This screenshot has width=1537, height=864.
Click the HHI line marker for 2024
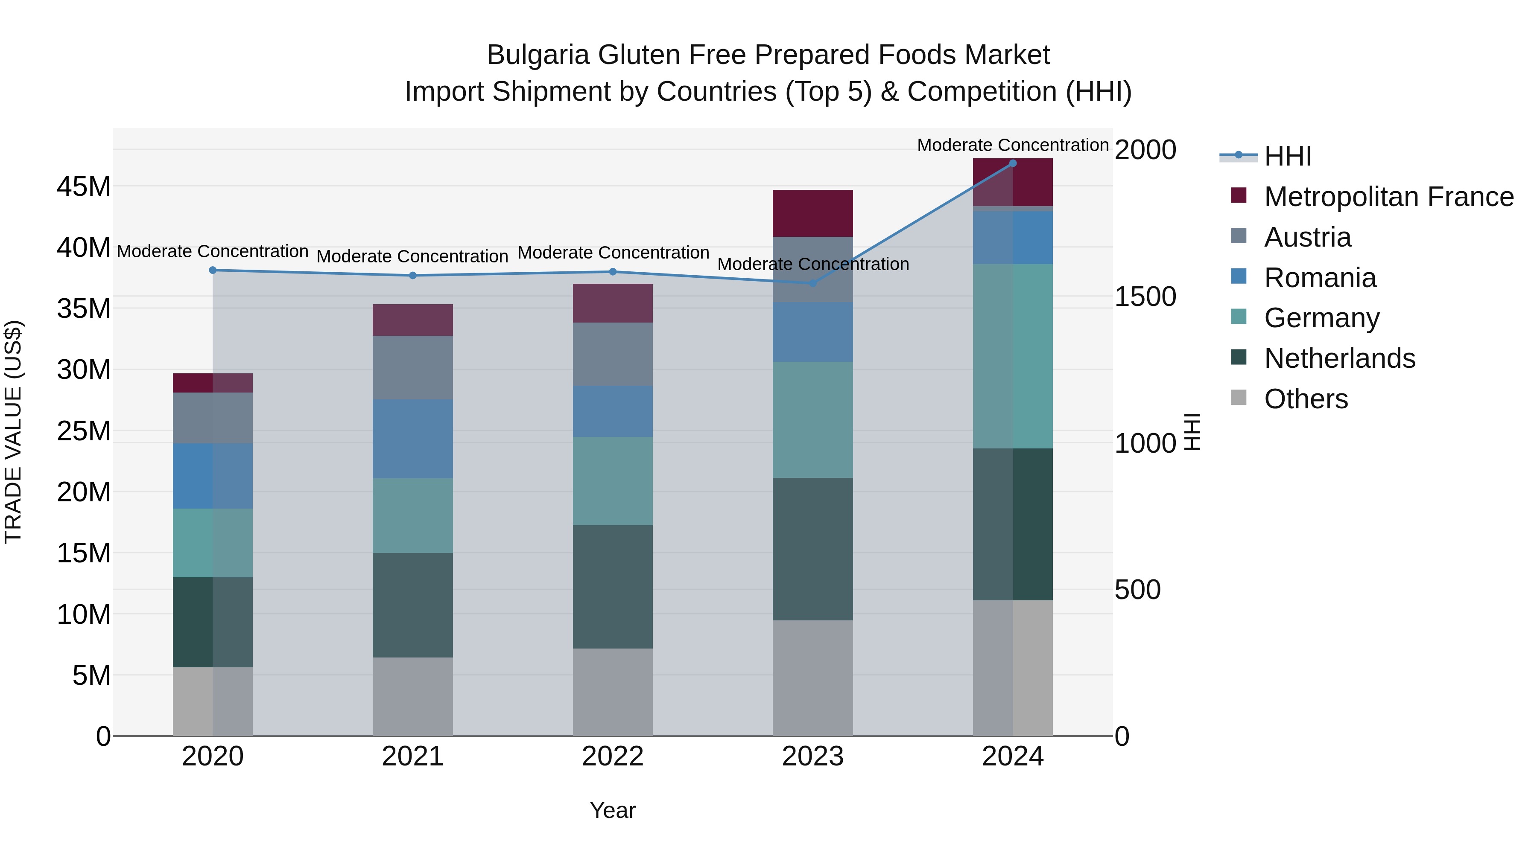pyautogui.click(x=1013, y=163)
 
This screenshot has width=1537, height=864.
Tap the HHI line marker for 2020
pyautogui.click(x=213, y=270)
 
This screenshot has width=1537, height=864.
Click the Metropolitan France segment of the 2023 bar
pyautogui.click(x=812, y=213)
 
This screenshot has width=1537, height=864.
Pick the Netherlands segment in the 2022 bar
pyautogui.click(x=613, y=587)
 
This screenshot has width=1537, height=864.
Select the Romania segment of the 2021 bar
pyautogui.click(x=413, y=439)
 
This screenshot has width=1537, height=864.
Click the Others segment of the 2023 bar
pyautogui.click(x=812, y=678)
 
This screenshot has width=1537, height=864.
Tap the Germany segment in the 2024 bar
pyautogui.click(x=1013, y=357)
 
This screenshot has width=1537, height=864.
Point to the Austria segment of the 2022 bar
pyautogui.click(x=613, y=354)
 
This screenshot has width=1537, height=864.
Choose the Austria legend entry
pyautogui.click(x=1307, y=237)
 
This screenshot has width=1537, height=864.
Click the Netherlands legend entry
pyautogui.click(x=1339, y=358)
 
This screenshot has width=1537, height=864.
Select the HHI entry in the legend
pyautogui.click(x=1288, y=156)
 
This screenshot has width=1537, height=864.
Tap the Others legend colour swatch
pyautogui.click(x=1239, y=398)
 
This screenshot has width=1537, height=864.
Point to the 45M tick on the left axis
pyautogui.click(x=84, y=186)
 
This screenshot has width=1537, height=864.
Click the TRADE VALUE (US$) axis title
pyautogui.click(x=13, y=432)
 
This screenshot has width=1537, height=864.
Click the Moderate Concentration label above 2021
pyautogui.click(x=412, y=256)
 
